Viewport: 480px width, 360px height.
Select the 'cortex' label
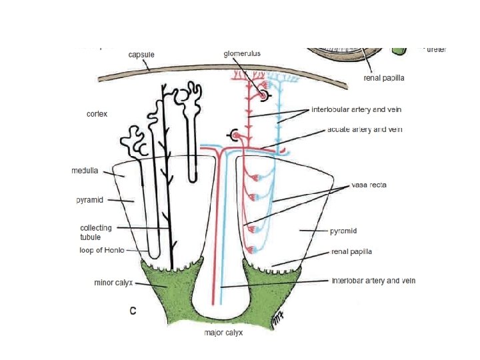(97, 114)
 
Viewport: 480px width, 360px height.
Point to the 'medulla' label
(85, 171)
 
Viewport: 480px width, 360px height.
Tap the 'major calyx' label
(223, 332)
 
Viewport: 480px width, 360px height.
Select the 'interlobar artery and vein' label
(373, 281)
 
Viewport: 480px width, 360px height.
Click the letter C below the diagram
(133, 311)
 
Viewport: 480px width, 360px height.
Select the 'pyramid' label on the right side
(344, 231)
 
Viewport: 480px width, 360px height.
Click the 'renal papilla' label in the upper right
(384, 77)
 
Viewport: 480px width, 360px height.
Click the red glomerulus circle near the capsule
(263, 96)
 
